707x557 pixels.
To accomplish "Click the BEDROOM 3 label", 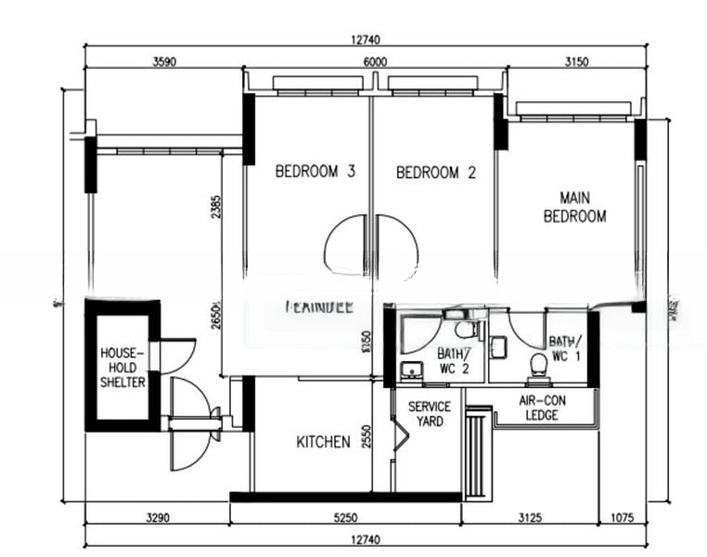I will pos(315,172).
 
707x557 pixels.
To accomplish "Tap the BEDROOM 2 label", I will pos(435,172).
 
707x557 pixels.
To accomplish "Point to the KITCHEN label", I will pos(323,442).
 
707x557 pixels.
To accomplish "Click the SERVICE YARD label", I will pos(429,414).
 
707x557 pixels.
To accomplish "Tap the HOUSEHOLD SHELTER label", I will pos(122,367).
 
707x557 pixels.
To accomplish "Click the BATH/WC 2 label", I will pos(454,361).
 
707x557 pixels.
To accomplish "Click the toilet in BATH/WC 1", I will pos(537,366).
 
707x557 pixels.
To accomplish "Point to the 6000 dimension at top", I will pos(375,62).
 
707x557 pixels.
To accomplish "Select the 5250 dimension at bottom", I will pos(345,518).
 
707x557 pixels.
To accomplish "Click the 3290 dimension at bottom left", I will pos(157,518).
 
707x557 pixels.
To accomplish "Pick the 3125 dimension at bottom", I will pos(530,518).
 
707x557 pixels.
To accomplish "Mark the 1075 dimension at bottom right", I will pos(623,518).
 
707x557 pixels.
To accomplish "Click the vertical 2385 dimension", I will pos(215,206).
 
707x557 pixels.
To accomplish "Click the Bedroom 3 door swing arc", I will pos(345,243).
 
